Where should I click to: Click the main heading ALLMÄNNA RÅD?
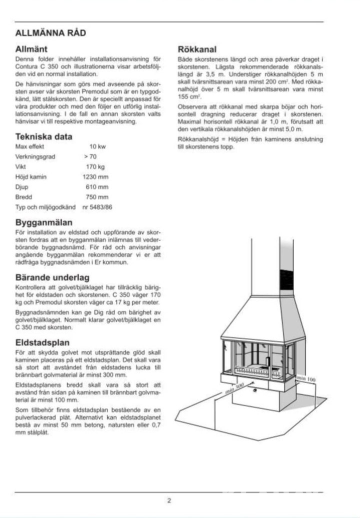click(x=50, y=33)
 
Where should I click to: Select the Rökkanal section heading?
click(x=197, y=49)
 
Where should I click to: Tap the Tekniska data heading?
click(x=43, y=136)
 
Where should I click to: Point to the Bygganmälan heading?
click(x=44, y=222)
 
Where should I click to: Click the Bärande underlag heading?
click(x=52, y=277)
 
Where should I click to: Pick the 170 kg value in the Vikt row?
click(x=95, y=166)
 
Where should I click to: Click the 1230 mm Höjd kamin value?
click(x=95, y=176)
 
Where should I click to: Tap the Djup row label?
click(x=22, y=186)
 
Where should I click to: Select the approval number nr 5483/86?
click(x=97, y=206)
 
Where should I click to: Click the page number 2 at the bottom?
click(x=169, y=500)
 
